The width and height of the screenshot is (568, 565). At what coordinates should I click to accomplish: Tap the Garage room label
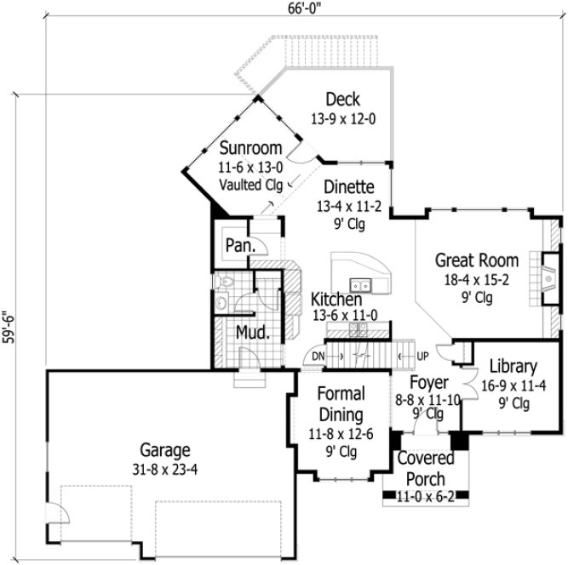tap(165, 451)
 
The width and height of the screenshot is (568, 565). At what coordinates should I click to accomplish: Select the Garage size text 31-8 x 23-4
tap(165, 468)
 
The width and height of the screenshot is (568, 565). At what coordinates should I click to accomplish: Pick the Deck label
tap(342, 100)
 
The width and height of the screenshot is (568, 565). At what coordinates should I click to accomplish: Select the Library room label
tap(513, 367)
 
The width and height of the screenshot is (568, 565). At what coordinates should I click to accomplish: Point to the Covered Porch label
tap(425, 468)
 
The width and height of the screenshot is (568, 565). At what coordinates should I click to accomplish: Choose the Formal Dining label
tap(341, 404)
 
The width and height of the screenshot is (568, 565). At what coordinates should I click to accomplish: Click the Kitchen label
tap(336, 300)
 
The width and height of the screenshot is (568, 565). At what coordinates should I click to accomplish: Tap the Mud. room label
tap(253, 332)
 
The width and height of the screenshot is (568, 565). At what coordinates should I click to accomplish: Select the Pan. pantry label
tap(236, 246)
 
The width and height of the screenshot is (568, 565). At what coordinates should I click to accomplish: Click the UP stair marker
tap(423, 355)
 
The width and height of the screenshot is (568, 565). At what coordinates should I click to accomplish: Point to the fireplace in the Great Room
tap(538, 276)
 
